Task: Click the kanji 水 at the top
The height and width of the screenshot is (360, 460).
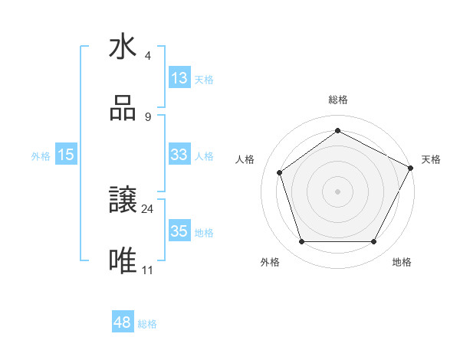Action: click(123, 47)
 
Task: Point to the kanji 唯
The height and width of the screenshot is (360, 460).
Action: click(123, 260)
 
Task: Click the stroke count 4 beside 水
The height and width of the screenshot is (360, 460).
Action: click(147, 56)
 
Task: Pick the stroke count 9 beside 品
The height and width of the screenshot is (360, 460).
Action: click(147, 116)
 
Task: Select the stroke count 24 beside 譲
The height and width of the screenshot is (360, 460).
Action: click(148, 208)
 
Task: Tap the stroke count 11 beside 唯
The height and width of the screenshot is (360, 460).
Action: click(148, 269)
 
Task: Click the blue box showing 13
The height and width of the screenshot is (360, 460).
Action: click(179, 78)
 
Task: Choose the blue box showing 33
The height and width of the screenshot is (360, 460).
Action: click(179, 155)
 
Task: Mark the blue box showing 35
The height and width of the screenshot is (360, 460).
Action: click(179, 231)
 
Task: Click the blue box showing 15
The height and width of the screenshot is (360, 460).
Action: click(66, 155)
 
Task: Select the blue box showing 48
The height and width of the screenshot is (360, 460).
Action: click(123, 322)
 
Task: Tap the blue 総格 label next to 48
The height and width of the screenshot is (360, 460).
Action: click(147, 324)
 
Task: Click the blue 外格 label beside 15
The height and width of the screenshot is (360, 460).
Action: click(41, 156)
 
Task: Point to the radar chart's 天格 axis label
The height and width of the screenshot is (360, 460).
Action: click(431, 159)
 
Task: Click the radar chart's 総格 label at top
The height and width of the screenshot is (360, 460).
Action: click(338, 100)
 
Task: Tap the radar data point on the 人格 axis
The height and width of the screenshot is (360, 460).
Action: click(280, 172)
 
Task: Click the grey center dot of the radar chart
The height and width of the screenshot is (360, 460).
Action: click(338, 191)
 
